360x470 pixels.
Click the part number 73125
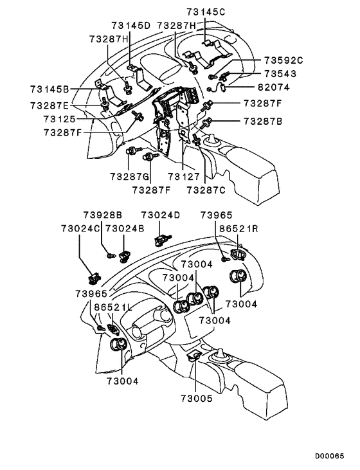(59, 119)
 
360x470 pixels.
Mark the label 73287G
(129, 177)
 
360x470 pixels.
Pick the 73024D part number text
(161, 215)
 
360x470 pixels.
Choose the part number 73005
(196, 399)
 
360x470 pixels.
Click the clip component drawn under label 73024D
(160, 241)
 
